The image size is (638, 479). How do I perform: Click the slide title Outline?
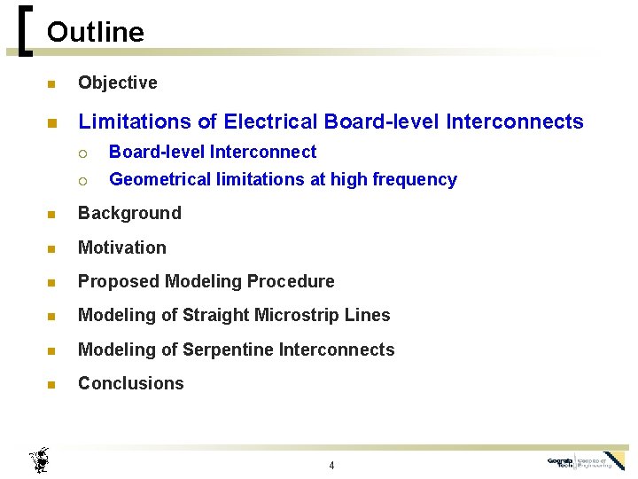point(95,33)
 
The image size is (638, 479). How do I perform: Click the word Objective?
point(118,82)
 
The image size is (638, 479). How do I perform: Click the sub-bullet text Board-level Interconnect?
point(213,152)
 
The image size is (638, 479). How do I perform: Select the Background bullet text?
point(129,213)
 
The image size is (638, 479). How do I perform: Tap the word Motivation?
point(122,247)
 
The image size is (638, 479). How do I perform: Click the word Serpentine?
point(229,349)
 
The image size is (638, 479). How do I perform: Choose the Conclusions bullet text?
point(131,383)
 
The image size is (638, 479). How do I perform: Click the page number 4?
point(331,466)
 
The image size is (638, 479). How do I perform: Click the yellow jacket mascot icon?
point(39,459)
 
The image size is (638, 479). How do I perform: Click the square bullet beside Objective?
point(51,84)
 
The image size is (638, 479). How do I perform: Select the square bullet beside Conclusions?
point(51,385)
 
